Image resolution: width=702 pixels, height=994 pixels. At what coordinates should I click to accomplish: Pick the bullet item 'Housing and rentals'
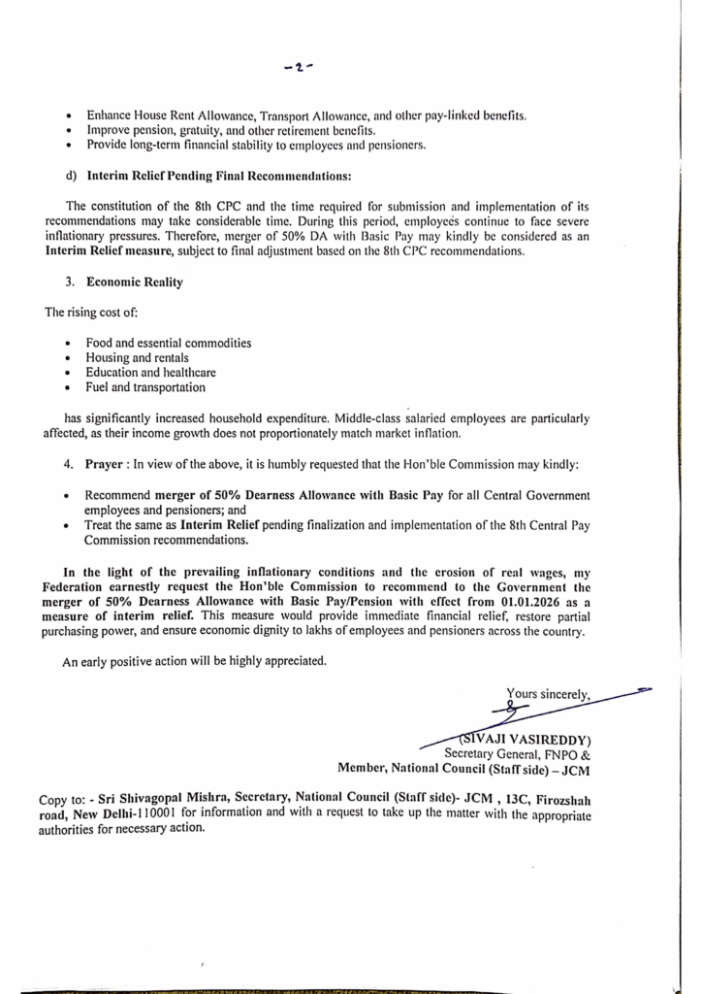coord(137,358)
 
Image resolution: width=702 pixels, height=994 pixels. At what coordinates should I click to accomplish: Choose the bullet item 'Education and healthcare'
coord(150,373)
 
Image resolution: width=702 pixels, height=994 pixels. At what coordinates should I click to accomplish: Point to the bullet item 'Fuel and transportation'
coord(145,387)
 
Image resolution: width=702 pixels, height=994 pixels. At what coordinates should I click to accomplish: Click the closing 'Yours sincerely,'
coord(548,694)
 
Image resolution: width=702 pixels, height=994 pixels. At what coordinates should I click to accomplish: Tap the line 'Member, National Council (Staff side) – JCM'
coord(464,769)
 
